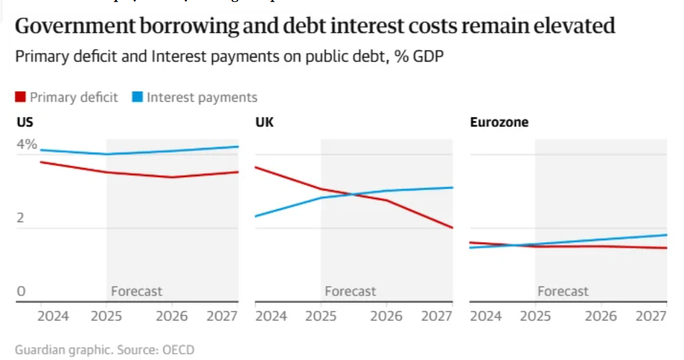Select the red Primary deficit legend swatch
click(21, 97)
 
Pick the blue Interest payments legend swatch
click(138, 97)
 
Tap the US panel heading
click(24, 123)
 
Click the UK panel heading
click(264, 123)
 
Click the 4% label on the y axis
click(26, 144)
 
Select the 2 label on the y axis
click(21, 218)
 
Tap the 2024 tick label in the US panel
click(53, 317)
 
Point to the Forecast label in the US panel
click(136, 291)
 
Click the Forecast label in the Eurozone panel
click(563, 291)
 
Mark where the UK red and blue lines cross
click(351, 194)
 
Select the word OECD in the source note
click(178, 350)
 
